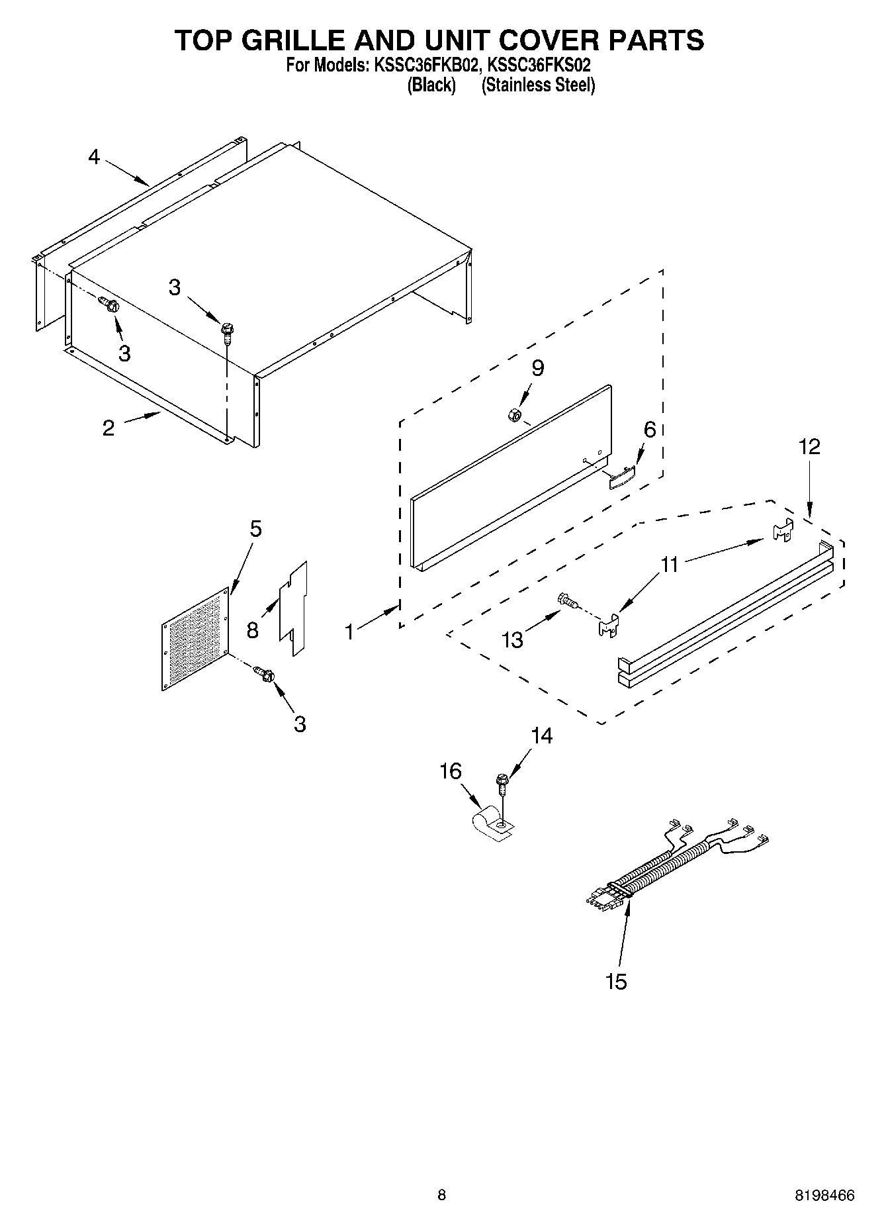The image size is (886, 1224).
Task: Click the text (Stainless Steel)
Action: coord(538,85)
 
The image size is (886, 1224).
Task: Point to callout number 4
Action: coord(94,157)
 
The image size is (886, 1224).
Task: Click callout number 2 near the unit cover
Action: coord(109,428)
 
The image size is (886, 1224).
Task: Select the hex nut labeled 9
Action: coord(512,415)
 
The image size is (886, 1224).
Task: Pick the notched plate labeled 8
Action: coord(293,608)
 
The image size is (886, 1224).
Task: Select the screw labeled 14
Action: coord(502,783)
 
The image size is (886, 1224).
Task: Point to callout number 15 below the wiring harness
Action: coord(615,981)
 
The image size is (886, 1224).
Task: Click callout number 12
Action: coord(809,447)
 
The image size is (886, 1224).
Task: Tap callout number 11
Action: coord(670,565)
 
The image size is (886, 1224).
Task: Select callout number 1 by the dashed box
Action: coord(349,632)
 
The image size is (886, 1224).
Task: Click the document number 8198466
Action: coord(824,1196)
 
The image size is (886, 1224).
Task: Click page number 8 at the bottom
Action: coord(441,1195)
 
